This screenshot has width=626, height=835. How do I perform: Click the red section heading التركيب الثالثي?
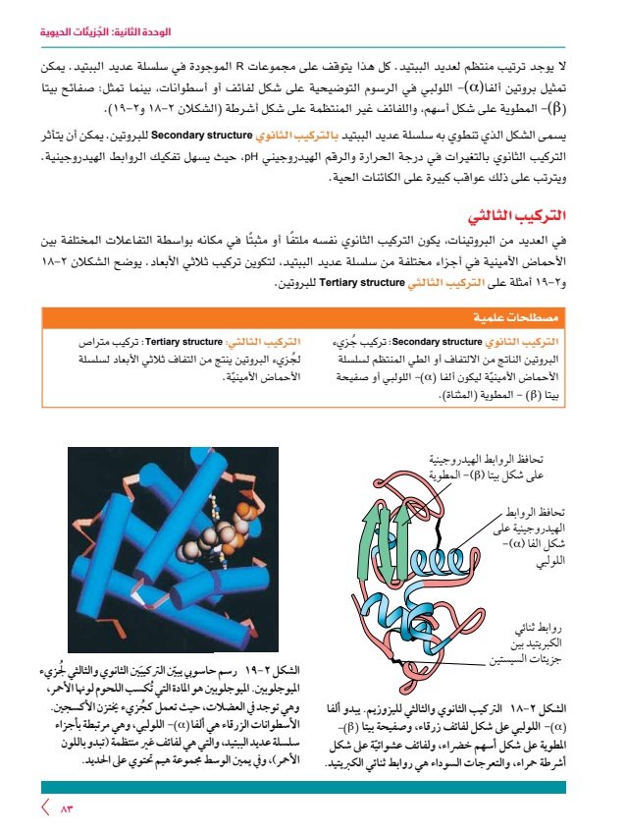click(535, 214)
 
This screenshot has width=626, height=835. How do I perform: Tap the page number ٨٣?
click(68, 807)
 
